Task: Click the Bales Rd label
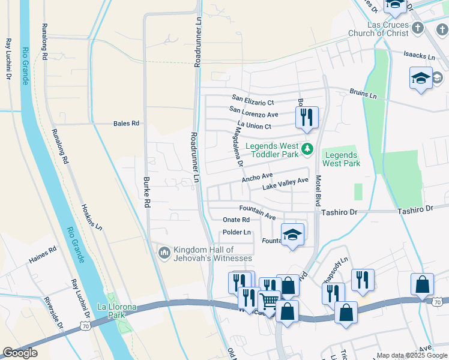[126, 124]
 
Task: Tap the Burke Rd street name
[146, 191]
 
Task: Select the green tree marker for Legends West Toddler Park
[307, 148]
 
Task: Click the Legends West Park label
[342, 159]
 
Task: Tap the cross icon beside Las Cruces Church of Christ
[418, 28]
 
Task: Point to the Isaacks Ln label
[419, 56]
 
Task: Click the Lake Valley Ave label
[285, 184]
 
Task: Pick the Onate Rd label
[236, 220]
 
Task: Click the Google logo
[20, 352]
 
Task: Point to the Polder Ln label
[237, 232]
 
